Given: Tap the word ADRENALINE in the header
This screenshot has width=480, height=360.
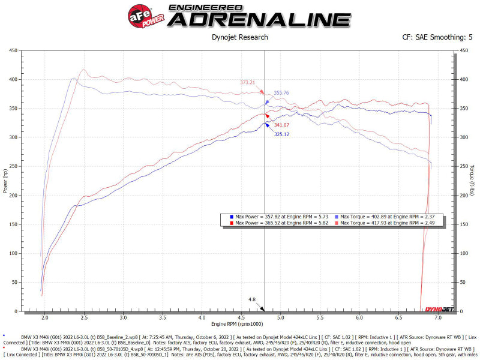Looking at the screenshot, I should (259, 19).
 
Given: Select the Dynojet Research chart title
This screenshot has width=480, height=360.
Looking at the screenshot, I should (240, 37).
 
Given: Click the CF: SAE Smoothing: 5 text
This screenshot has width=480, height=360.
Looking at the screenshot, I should (437, 37).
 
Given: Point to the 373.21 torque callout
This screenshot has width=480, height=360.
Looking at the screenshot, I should (247, 83).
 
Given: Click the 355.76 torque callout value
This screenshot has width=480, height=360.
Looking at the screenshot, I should (281, 93).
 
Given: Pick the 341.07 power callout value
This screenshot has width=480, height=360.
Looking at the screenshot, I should (281, 125).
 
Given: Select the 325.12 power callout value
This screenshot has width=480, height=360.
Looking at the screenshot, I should (282, 134).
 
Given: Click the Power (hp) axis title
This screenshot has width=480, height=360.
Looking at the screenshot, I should (5, 181).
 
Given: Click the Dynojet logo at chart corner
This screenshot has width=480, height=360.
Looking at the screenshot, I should (439, 308).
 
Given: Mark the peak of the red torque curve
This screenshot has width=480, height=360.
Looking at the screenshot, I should (83, 69).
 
